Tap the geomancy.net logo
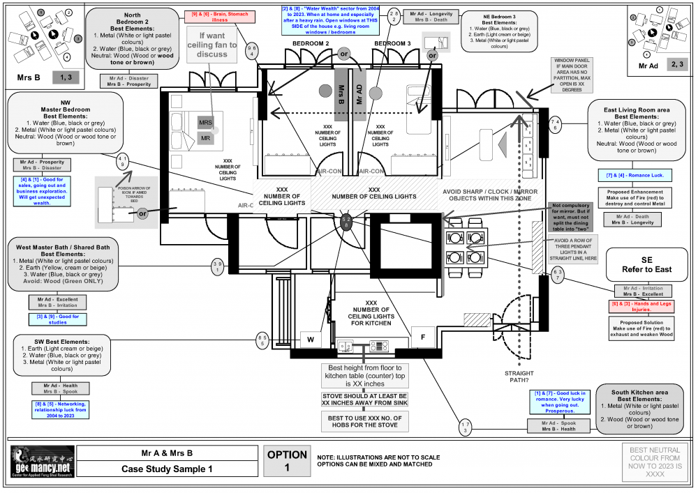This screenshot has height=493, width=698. [41, 462]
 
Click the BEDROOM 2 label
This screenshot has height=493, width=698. [311, 44]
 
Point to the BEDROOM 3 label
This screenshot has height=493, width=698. [394, 44]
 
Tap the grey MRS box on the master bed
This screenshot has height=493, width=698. [205, 122]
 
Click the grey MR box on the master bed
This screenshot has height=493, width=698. [205, 138]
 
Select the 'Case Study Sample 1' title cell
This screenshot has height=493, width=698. [166, 469]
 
